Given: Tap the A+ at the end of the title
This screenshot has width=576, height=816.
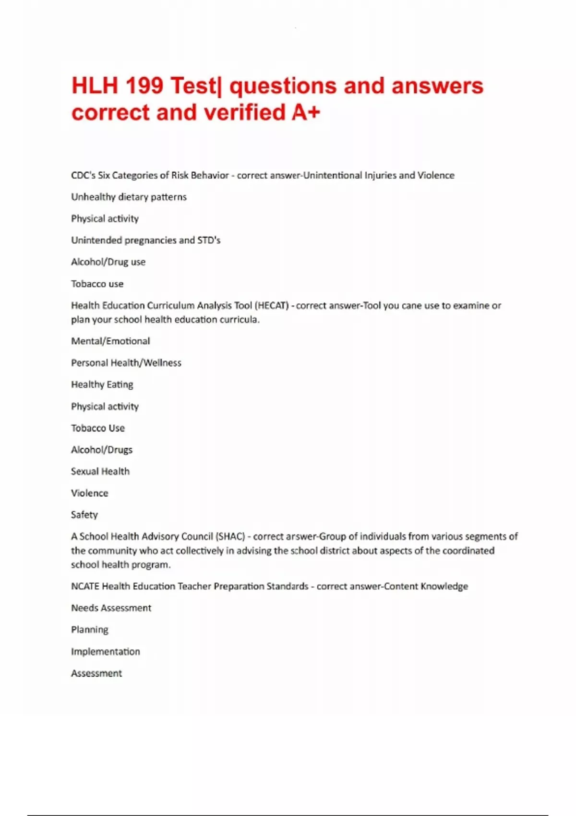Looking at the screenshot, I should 305,113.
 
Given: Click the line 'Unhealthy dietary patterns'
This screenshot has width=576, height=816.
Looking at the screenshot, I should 129,197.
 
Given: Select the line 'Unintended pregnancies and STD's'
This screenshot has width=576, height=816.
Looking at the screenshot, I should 145,240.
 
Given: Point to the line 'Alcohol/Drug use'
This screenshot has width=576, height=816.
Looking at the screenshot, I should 108,262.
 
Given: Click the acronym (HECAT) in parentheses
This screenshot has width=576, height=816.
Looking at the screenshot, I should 272,306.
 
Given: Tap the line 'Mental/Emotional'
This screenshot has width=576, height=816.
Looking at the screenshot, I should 110,341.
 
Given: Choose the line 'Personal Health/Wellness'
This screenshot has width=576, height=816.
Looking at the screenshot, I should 126,363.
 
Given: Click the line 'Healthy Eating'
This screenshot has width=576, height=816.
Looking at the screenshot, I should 102,384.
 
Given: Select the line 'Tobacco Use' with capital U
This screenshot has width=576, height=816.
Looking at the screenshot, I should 98,428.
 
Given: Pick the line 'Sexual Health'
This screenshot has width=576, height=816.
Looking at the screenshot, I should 100,471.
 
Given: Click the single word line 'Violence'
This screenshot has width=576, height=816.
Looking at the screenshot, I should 89,493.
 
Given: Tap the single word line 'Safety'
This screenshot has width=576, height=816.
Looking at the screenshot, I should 84,515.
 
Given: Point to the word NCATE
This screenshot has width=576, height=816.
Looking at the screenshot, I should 85,587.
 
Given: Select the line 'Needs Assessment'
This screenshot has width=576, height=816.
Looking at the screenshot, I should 111,608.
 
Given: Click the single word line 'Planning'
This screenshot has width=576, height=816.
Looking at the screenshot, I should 90,630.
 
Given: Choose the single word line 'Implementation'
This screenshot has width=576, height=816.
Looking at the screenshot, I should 106,652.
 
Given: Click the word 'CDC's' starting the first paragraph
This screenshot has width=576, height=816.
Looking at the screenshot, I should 83,175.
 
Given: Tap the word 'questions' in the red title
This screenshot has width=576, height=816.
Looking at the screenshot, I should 283,86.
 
